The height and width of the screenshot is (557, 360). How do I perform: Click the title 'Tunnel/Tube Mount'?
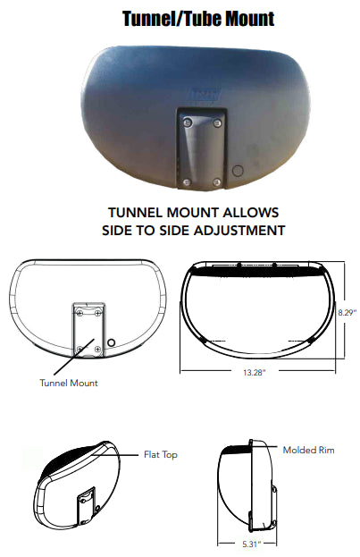pyautogui.click(x=198, y=19)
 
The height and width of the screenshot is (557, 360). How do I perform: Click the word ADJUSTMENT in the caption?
pyautogui.click(x=239, y=231)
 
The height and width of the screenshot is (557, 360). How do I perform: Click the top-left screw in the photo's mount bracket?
pyautogui.click(x=188, y=122)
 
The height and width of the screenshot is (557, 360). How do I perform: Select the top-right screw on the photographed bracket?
pyautogui.click(x=218, y=122)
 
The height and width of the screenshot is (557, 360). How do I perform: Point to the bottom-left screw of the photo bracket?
pyautogui.click(x=187, y=182)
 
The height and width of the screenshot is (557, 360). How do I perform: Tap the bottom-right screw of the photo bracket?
pyautogui.click(x=216, y=182)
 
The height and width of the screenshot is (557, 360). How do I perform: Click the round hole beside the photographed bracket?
pyautogui.click(x=238, y=171)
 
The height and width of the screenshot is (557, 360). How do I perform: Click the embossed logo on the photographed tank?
pyautogui.click(x=206, y=95)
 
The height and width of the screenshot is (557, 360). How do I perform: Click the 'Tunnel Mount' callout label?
pyautogui.click(x=69, y=383)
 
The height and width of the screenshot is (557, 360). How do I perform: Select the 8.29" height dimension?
pyautogui.click(x=347, y=313)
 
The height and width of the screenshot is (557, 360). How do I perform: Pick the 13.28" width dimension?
pyautogui.click(x=255, y=373)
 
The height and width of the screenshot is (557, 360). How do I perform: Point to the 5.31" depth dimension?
pyautogui.click(x=251, y=544)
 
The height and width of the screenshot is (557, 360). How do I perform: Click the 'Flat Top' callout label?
pyautogui.click(x=161, y=455)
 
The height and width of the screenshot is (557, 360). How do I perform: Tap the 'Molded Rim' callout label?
pyautogui.click(x=308, y=450)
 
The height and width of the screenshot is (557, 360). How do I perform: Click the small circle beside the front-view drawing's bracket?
pyautogui.click(x=111, y=342)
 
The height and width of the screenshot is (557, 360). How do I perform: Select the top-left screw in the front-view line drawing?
pyautogui.click(x=80, y=312)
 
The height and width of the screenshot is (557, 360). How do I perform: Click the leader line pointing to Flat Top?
pyautogui.click(x=114, y=455)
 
